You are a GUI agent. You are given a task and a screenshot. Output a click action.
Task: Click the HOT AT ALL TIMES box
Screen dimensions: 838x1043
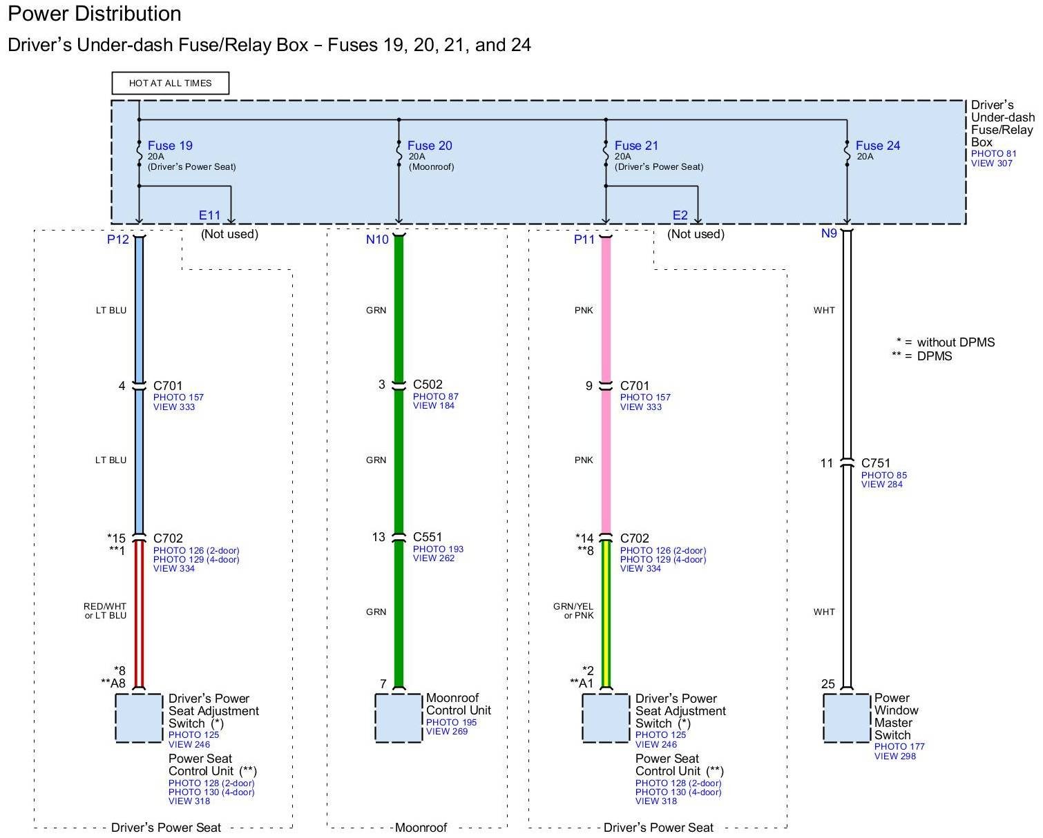170,83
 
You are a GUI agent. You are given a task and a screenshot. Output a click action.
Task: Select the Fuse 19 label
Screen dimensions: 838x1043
170,146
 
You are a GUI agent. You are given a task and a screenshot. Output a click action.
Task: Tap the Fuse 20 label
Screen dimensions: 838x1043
430,146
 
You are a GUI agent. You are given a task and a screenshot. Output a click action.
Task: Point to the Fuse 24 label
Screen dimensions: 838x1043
878,146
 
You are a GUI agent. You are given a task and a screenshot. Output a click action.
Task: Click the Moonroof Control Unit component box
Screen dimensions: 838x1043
399,718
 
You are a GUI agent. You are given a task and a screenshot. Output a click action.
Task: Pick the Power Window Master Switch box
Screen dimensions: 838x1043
847,718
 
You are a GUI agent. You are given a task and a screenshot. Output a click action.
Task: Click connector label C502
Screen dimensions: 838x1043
428,384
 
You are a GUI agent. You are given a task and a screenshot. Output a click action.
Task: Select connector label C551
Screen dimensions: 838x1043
428,537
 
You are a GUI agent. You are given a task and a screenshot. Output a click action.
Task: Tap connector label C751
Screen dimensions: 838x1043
876,463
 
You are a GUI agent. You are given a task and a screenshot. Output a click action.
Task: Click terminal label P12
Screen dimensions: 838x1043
118,240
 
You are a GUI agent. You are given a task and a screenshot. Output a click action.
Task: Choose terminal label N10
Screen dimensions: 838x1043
377,240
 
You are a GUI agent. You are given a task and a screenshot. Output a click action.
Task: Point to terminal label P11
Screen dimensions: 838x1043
584,240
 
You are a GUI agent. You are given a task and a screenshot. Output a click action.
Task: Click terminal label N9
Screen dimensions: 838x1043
829,233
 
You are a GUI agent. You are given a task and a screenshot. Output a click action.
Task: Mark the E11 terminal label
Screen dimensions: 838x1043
209,215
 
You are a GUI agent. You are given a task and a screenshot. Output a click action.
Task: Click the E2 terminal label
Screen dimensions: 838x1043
680,215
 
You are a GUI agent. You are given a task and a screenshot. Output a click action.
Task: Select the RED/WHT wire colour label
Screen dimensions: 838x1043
106,607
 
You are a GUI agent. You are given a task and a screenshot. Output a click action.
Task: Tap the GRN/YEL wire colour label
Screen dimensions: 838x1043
573,607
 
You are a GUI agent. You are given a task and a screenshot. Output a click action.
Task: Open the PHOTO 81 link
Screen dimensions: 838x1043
993,154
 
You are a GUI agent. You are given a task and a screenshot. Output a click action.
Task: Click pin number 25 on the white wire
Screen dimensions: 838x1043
828,684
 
